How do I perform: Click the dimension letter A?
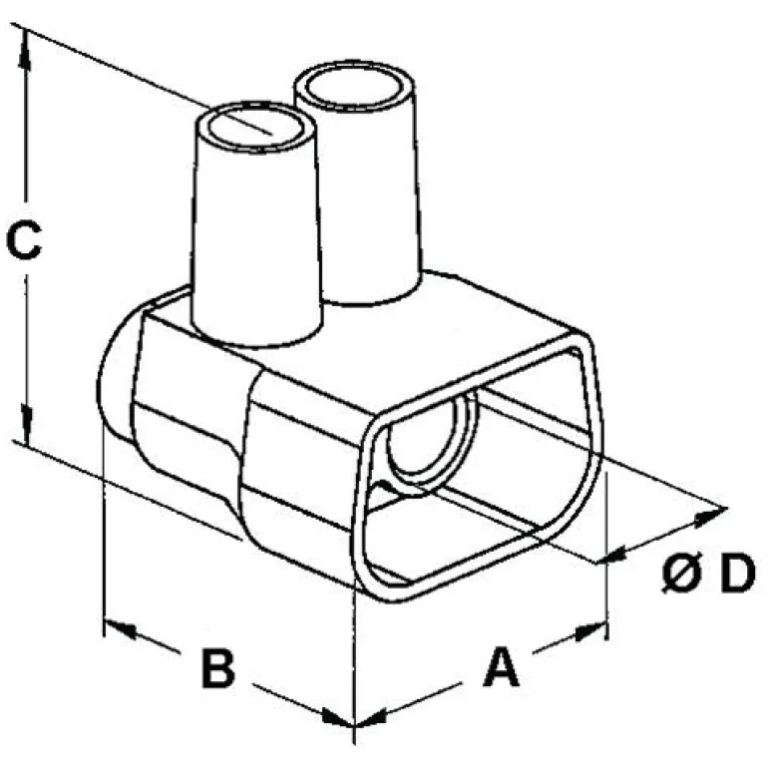point(502,667)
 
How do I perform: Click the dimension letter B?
point(217,668)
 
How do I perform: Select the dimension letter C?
point(23,240)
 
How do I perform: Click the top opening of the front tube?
point(255,128)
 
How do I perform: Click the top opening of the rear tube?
point(357,89)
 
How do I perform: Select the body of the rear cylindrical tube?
point(371,199)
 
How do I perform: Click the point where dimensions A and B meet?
point(354,720)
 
